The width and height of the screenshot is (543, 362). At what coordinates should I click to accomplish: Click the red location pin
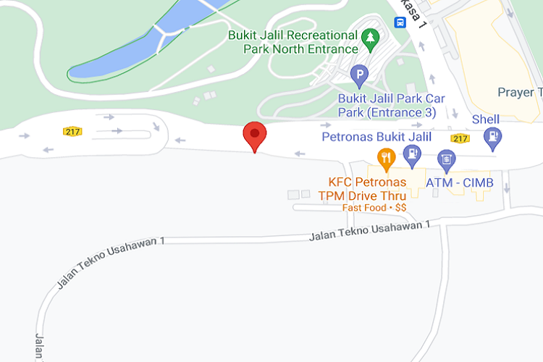(x=254, y=135)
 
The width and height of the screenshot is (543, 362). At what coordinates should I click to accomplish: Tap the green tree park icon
(x=370, y=36)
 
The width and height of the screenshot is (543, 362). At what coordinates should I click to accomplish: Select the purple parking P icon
(x=359, y=74)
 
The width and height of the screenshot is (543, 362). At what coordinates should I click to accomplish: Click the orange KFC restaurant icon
(x=386, y=156)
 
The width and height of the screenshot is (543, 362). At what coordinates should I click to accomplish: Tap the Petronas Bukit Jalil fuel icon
(x=412, y=153)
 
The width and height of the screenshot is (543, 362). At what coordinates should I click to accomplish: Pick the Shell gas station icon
(x=494, y=135)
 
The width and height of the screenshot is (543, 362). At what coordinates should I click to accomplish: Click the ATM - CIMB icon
(x=447, y=158)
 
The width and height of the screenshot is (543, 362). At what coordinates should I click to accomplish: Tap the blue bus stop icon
(x=400, y=22)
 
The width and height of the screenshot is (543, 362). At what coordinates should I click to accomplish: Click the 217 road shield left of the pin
(x=72, y=131)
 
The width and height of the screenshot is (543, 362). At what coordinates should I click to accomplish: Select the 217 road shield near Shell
(x=460, y=138)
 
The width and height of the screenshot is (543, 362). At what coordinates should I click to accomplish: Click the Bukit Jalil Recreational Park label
(x=293, y=42)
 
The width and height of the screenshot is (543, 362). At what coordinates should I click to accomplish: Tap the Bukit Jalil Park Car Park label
(x=392, y=106)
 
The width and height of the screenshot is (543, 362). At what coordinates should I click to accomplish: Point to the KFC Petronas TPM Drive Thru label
(x=367, y=189)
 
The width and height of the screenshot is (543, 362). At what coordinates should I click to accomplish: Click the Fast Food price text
(x=374, y=208)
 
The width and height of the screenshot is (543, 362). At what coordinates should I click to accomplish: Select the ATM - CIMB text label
(x=459, y=183)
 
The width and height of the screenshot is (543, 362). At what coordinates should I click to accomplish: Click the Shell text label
(x=485, y=119)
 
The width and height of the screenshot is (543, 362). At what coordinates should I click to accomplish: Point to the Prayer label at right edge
(x=519, y=92)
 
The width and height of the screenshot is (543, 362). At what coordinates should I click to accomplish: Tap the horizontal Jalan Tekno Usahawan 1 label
(x=369, y=231)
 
